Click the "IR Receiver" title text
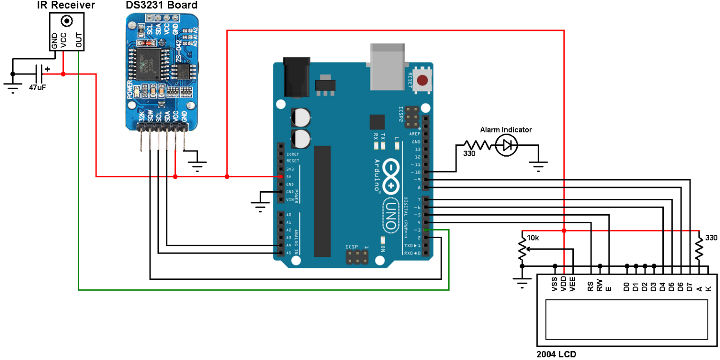66,6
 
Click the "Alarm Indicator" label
506,130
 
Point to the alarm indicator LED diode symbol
507,146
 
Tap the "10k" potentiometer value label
533,238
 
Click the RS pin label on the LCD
591,286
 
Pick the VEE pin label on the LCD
573,285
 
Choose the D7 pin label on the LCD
690,286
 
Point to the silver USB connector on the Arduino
388,66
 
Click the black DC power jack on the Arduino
297,77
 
